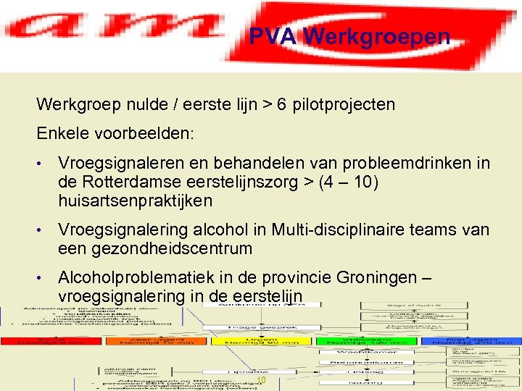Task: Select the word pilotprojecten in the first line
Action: pos(339,104)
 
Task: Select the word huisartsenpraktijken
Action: pos(135,200)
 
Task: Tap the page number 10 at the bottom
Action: pos(262,380)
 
